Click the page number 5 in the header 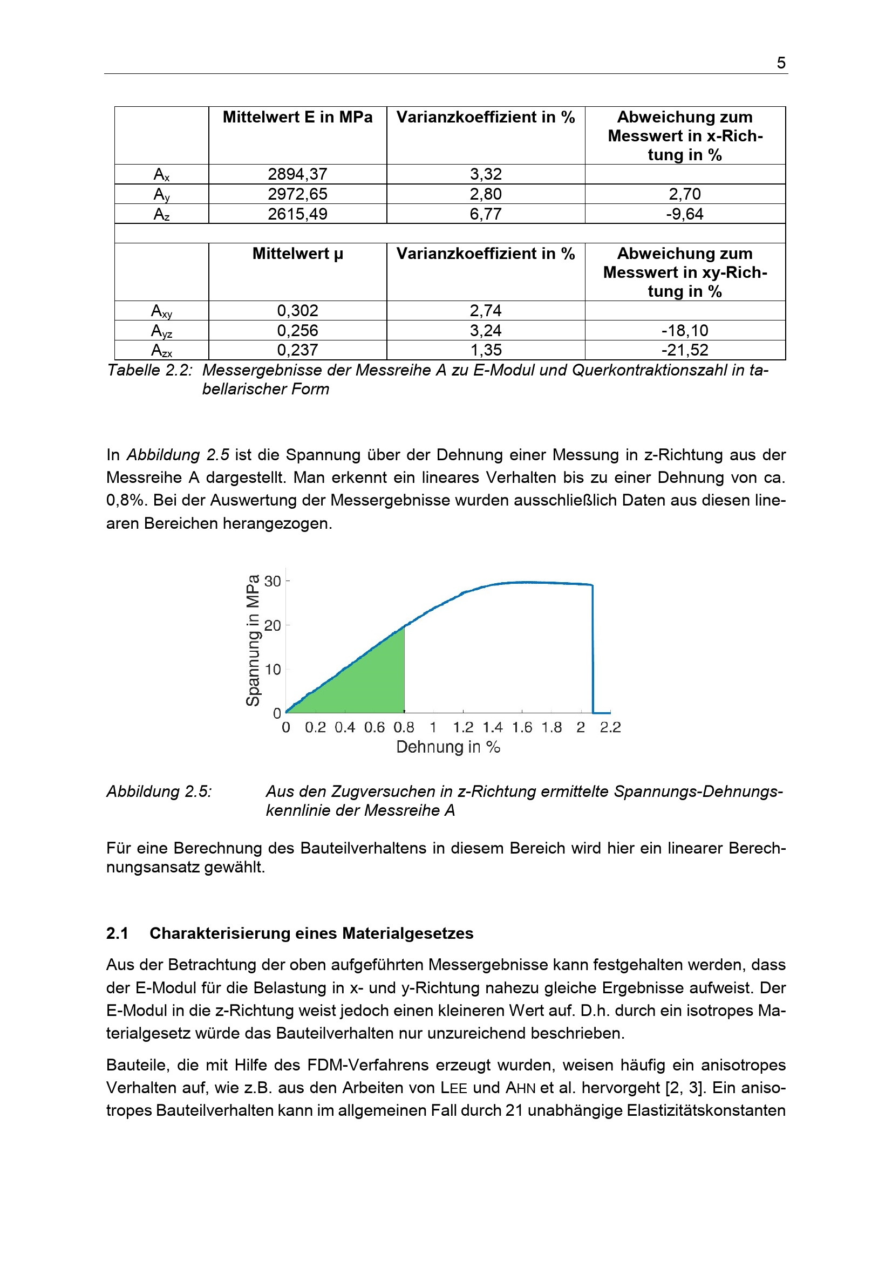click(x=780, y=63)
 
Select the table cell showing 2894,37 click(x=297, y=174)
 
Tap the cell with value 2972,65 click(x=297, y=194)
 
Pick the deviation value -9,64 click(x=684, y=214)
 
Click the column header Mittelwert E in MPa click(x=297, y=117)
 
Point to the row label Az click(x=161, y=214)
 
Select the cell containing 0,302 click(x=297, y=311)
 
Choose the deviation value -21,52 click(x=684, y=350)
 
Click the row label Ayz click(x=161, y=331)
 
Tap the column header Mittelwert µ click(x=297, y=254)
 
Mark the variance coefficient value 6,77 click(x=485, y=214)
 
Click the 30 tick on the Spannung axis click(x=273, y=581)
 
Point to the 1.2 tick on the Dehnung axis click(x=463, y=728)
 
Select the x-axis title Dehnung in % click(x=448, y=747)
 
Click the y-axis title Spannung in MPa click(x=253, y=640)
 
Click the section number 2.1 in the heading click(x=117, y=933)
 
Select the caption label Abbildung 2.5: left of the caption click(x=159, y=792)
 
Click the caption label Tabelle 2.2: click(x=149, y=371)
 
